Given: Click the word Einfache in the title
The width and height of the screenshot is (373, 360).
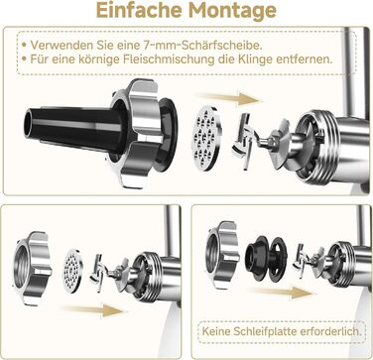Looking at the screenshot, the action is [x=140, y=10].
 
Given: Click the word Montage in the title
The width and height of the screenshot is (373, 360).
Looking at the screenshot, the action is [x=232, y=12].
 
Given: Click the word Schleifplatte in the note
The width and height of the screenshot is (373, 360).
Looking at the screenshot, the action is [x=266, y=331].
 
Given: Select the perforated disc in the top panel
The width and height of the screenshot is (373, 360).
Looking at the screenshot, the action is [x=206, y=138].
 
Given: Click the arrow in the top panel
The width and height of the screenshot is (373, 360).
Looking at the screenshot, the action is [x=230, y=99].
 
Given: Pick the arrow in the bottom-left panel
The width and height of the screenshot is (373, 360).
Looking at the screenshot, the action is [x=93, y=310].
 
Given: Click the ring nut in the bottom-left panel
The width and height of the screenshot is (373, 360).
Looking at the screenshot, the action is [x=32, y=268].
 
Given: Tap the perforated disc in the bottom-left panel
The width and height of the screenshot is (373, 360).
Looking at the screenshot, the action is [x=73, y=271].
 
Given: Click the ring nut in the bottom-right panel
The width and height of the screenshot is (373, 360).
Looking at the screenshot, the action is [x=222, y=254].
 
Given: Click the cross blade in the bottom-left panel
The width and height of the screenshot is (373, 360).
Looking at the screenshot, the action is [x=100, y=274].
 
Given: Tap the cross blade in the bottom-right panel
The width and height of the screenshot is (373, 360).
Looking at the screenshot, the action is [x=302, y=261].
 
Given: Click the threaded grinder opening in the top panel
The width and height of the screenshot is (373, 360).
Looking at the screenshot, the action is [x=317, y=147].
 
